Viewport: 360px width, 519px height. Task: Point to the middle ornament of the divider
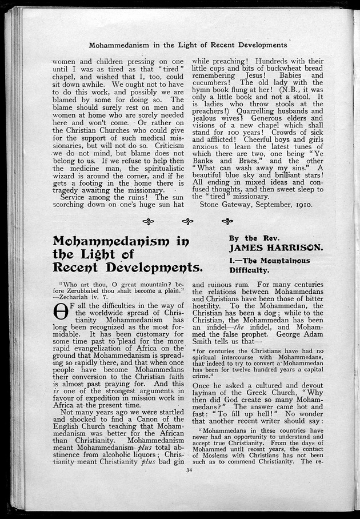[187, 222]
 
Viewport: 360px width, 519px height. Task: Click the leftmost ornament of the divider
[148, 222]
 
